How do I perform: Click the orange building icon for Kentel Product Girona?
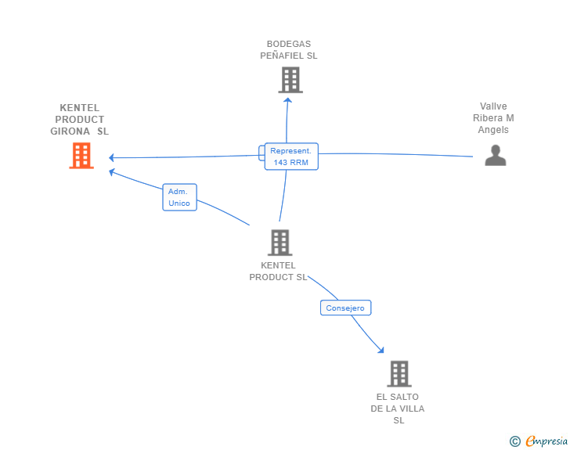tap(81, 156)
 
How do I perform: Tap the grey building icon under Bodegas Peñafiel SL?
tap(290, 80)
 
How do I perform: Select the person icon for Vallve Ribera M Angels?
tap(496, 155)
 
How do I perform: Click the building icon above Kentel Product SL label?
tap(280, 243)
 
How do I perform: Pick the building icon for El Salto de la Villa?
tap(399, 373)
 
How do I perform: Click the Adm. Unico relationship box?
tap(179, 197)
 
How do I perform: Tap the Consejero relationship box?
tap(345, 308)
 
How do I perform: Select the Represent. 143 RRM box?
tap(291, 157)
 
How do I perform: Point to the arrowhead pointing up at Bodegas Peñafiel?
tap(288, 100)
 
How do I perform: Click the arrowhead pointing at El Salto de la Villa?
tap(381, 350)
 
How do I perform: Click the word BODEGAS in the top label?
tap(289, 44)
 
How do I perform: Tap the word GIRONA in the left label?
tap(70, 131)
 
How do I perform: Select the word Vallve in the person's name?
tap(493, 106)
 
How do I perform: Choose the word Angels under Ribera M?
tap(493, 130)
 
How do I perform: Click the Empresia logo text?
tap(547, 441)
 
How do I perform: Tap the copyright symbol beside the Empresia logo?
tap(515, 441)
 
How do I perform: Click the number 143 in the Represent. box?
tap(280, 163)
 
